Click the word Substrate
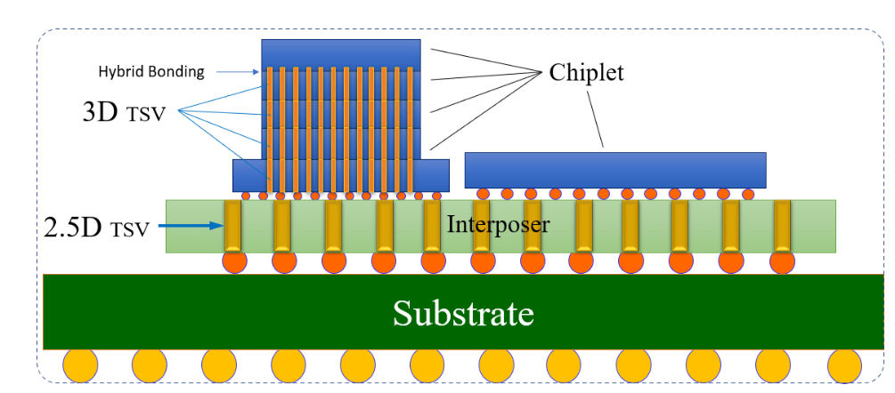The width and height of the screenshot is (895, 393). (x=463, y=313)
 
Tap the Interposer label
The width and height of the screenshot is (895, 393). (x=498, y=224)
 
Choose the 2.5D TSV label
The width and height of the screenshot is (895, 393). (x=97, y=227)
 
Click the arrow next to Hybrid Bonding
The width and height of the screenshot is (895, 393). (x=233, y=72)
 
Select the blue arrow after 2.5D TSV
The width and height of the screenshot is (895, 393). (x=191, y=227)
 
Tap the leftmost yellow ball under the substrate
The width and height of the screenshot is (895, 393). (x=79, y=365)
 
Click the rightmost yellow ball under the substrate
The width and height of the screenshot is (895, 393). (x=843, y=365)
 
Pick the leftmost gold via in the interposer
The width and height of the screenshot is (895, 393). (x=232, y=226)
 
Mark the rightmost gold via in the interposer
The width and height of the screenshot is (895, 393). (x=782, y=226)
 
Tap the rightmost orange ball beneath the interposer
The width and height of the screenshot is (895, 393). (x=783, y=262)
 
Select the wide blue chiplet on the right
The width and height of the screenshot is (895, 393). (x=614, y=170)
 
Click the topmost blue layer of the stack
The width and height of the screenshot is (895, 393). (x=341, y=53)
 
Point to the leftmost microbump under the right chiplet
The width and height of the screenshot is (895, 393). (x=483, y=194)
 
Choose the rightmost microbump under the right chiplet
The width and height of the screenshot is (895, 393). (x=748, y=194)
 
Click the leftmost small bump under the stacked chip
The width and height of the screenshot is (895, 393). (x=248, y=196)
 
